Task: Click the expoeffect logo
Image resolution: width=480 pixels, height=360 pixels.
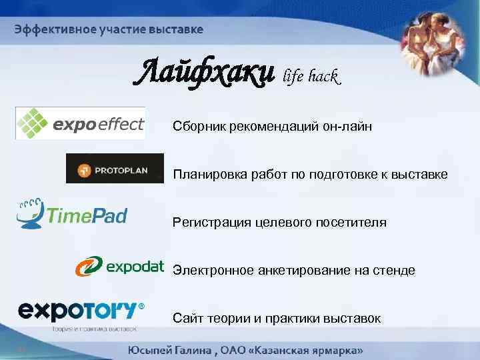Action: pyautogui.click(x=80, y=123)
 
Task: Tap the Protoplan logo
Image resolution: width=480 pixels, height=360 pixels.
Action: pyautogui.click(x=115, y=169)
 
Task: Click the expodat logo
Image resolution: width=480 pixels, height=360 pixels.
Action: pyautogui.click(x=119, y=267)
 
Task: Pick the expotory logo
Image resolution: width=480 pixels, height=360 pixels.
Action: pyautogui.click(x=80, y=312)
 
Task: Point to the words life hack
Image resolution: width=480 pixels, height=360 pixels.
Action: pyautogui.click(x=312, y=77)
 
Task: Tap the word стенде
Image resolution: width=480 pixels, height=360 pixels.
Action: pyautogui.click(x=397, y=270)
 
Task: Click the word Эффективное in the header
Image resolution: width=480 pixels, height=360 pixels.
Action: pyautogui.click(x=47, y=29)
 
